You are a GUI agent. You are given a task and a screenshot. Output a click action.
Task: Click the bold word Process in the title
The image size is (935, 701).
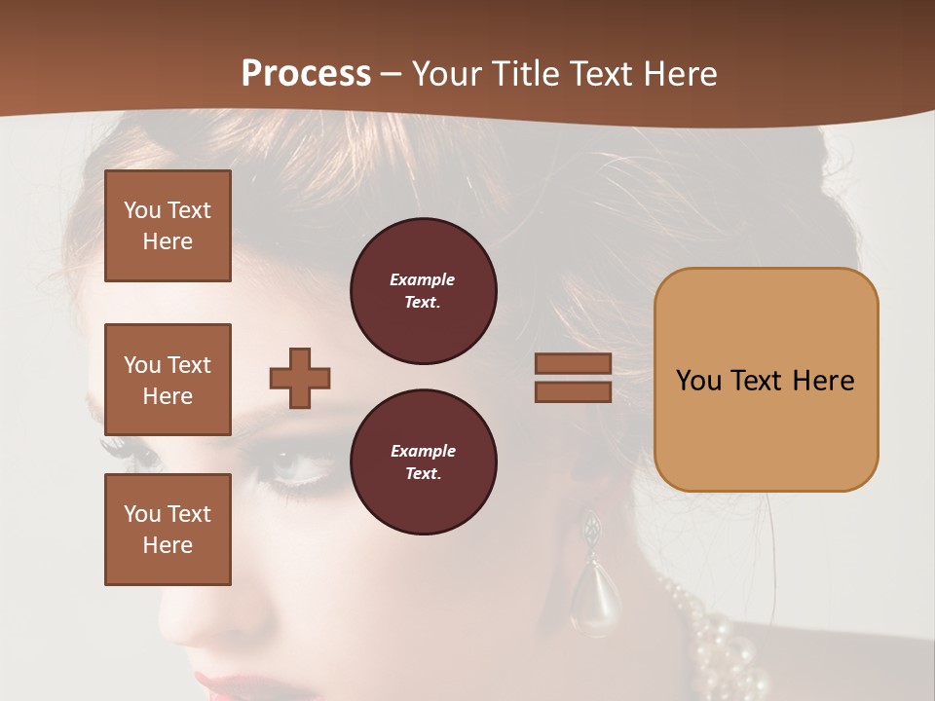306,74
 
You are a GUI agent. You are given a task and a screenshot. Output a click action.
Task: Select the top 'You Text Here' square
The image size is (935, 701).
168,226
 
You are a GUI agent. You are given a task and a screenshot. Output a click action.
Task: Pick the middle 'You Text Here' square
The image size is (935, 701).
168,380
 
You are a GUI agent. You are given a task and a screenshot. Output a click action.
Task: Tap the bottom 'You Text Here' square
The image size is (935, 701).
168,530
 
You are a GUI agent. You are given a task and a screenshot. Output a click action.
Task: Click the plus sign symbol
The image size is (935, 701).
300,378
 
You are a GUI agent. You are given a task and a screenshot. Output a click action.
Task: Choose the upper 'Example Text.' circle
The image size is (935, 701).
423,291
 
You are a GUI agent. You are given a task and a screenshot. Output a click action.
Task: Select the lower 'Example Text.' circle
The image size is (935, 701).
423,462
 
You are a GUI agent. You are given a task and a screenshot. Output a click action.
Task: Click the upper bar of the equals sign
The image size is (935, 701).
573,363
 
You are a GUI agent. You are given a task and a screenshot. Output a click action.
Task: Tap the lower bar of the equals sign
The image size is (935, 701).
573,391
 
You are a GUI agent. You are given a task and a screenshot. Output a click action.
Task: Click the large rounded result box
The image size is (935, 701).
766,380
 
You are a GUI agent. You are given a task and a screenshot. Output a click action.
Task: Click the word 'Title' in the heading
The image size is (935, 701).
526,74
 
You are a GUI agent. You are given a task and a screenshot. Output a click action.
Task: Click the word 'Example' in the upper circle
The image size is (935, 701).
422,279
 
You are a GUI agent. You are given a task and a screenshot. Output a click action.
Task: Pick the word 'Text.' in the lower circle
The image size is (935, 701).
423,474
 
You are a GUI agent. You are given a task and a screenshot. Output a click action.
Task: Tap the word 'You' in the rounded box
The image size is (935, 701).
698,381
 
